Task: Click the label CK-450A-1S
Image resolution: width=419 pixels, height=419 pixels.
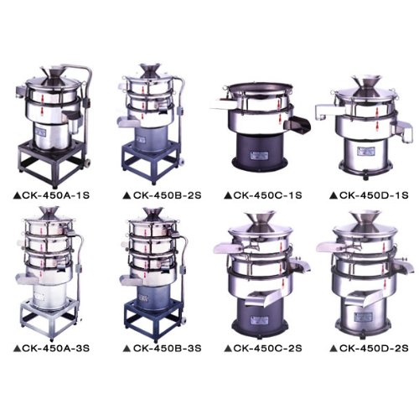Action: (56, 195)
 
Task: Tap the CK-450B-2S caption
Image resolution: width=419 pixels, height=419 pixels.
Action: (167, 195)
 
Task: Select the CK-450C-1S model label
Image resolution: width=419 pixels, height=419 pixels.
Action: (267, 195)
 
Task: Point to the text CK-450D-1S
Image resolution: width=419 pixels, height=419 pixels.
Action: (374, 195)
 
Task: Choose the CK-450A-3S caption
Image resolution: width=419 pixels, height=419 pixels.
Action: (56, 349)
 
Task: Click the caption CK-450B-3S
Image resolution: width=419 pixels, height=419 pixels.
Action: (167, 349)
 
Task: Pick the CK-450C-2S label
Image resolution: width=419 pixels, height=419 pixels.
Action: (267, 349)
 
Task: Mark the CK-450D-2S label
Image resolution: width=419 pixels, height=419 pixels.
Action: (374, 349)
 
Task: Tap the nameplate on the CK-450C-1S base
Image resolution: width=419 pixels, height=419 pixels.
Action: (260, 155)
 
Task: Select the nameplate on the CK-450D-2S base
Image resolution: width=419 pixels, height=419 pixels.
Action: (363, 317)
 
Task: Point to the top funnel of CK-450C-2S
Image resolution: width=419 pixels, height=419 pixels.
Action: (260, 220)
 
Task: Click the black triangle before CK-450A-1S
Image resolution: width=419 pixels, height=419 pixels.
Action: (16, 195)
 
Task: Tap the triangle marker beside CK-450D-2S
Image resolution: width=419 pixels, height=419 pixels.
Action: (334, 349)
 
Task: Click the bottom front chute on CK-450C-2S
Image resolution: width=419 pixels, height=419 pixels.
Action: (262, 297)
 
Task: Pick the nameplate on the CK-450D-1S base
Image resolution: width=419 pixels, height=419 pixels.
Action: (365, 151)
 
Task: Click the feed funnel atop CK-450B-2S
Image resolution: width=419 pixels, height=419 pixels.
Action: (151, 70)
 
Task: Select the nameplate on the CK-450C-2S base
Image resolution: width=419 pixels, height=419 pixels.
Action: (260, 319)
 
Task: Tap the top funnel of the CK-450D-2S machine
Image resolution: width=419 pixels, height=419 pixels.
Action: (364, 220)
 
